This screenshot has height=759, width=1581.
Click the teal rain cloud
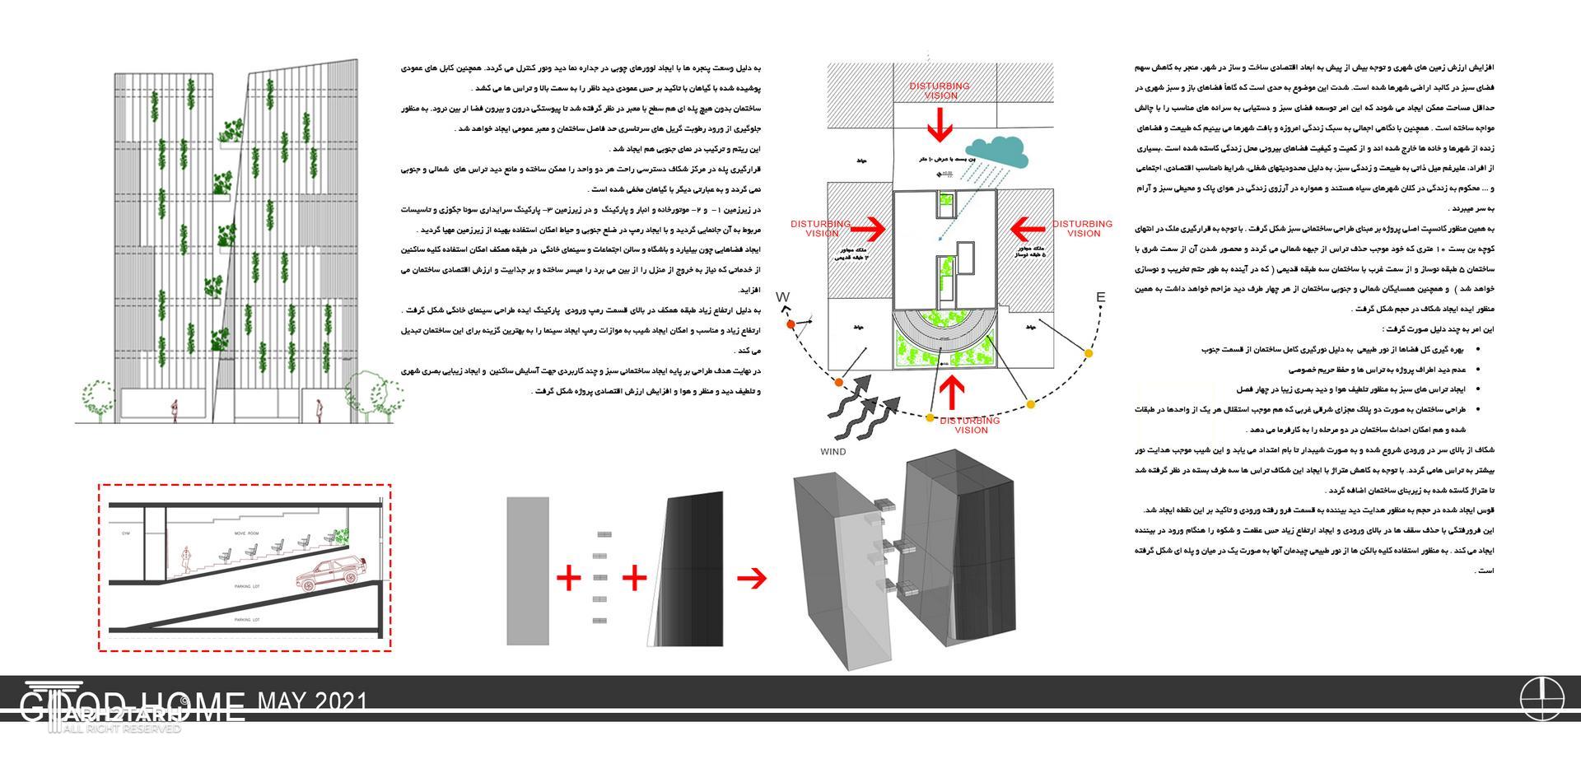coord(998,149)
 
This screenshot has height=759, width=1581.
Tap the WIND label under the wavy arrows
coord(832,452)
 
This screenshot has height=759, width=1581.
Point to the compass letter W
coord(782,297)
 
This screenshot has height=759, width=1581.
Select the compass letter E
coord(1100,298)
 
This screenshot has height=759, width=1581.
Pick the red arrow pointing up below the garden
coord(952,391)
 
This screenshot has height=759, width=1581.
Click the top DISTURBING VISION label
coord(940,91)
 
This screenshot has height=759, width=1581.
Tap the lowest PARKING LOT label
coord(247,619)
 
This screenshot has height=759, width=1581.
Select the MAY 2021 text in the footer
coord(313,701)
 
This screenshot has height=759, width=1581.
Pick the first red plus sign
coord(568,578)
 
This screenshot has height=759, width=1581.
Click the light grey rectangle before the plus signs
coord(528,570)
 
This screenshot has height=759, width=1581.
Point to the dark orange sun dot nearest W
coord(791,325)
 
